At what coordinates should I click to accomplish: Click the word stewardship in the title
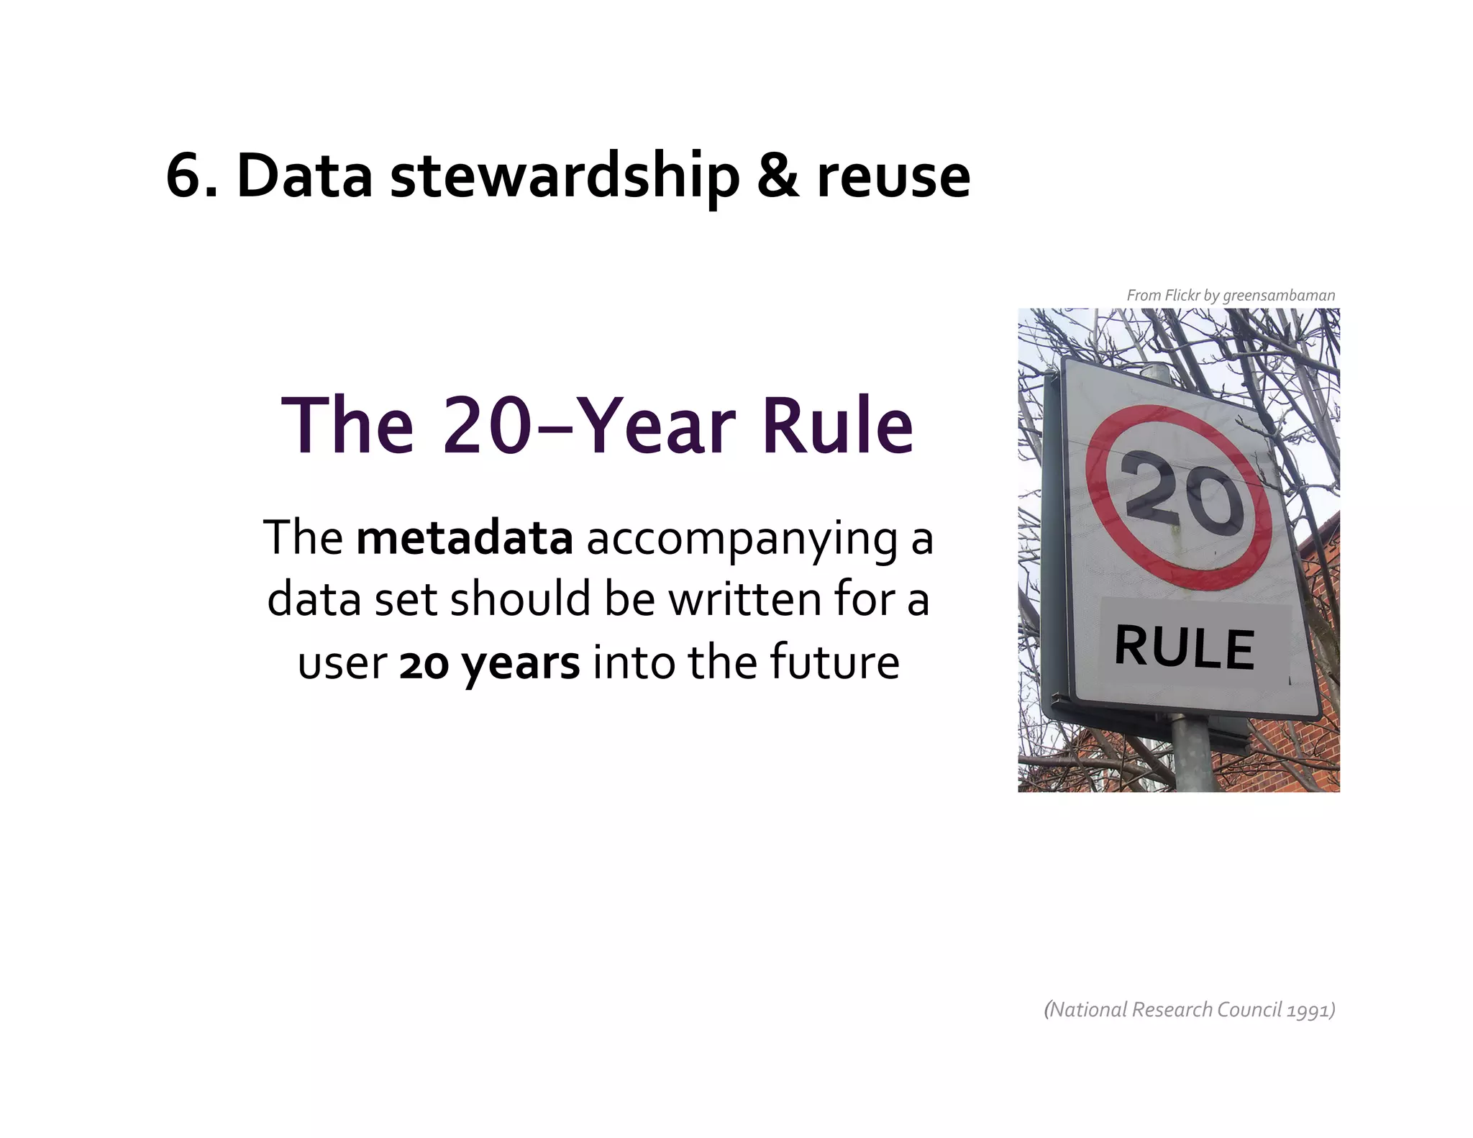pyautogui.click(x=565, y=177)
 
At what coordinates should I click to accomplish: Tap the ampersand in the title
pyautogui.click(x=777, y=177)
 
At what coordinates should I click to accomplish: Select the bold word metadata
pyautogui.click(x=465, y=538)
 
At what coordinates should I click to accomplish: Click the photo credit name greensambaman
pyautogui.click(x=1279, y=296)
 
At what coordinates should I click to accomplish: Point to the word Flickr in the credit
pyautogui.click(x=1182, y=296)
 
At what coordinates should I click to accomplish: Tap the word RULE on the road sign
pyautogui.click(x=1185, y=647)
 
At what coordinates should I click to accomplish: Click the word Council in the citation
pyautogui.click(x=1249, y=1010)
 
